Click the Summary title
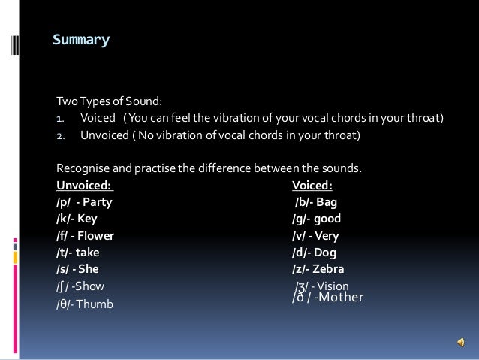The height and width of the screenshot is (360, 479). point(81,39)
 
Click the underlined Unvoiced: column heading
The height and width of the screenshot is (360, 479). point(84,185)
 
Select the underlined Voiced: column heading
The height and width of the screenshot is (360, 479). point(312,185)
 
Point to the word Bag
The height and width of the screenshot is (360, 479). point(327,202)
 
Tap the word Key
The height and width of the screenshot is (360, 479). point(88,219)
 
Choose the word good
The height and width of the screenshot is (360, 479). point(327,219)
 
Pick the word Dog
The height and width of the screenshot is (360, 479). point(325,252)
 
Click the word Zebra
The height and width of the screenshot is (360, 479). point(330,268)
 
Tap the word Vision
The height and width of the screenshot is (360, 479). point(333,286)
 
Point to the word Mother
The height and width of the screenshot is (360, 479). point(341,297)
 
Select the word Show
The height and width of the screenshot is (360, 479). point(92,286)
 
